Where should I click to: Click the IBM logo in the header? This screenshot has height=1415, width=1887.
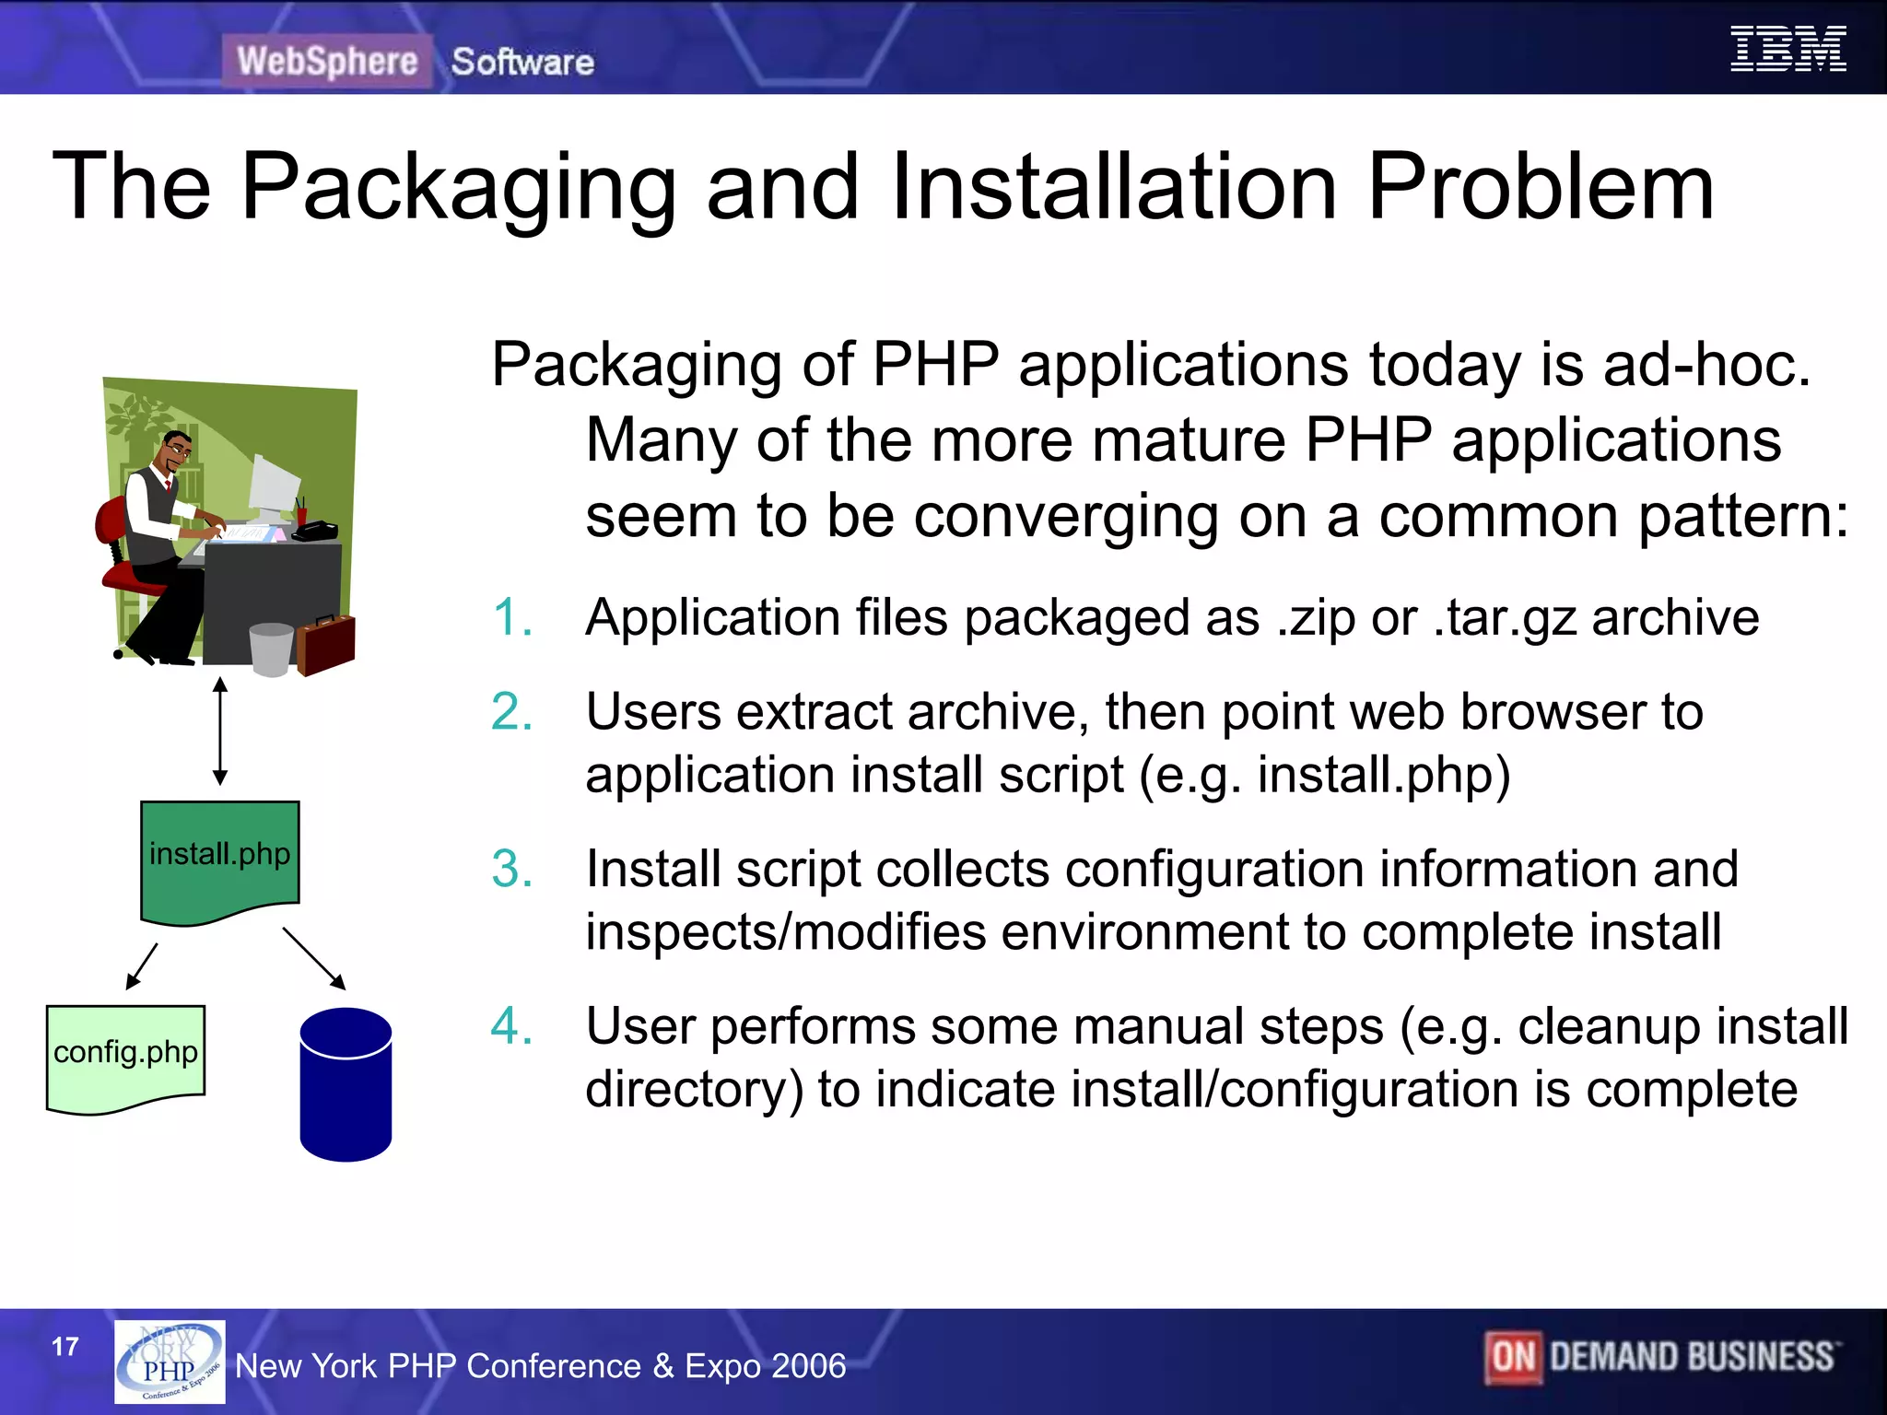(1787, 49)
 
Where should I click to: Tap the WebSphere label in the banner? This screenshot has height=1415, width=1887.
(327, 62)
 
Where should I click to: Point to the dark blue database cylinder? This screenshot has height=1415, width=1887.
(346, 1084)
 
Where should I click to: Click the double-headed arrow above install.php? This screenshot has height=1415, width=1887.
(220, 731)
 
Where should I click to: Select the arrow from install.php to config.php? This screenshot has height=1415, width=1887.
(142, 965)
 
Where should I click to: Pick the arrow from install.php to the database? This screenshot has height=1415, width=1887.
(314, 958)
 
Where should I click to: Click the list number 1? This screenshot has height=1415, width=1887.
(512, 617)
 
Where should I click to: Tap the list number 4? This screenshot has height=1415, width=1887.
(512, 1026)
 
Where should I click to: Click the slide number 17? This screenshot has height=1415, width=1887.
(65, 1347)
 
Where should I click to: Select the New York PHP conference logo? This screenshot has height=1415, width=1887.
(170, 1362)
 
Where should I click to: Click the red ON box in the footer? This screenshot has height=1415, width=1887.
(1512, 1357)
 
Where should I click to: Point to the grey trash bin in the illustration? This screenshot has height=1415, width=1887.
(272, 649)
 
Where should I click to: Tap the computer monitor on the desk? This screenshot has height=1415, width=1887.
(274, 489)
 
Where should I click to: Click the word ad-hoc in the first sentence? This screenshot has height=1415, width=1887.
(1706, 365)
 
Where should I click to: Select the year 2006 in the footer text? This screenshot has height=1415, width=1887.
(810, 1366)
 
